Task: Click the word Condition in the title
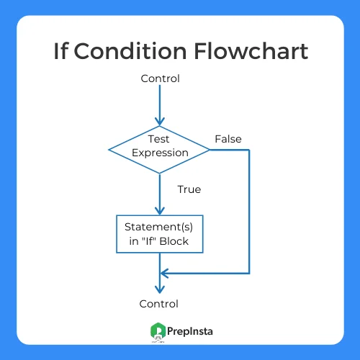[130, 50]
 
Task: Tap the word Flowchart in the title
[251, 50]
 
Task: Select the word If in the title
[60, 50]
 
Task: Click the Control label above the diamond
[160, 78]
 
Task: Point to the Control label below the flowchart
[158, 304]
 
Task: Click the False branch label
[228, 139]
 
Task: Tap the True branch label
[189, 189]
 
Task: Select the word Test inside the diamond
[158, 139]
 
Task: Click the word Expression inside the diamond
[160, 153]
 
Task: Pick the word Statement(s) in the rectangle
[158, 227]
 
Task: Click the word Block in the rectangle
[174, 241]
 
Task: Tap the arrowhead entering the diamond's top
[160, 122]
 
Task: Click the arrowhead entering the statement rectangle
[160, 211]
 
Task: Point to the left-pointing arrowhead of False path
[164, 274]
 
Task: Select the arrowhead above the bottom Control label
[160, 289]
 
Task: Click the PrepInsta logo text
[190, 331]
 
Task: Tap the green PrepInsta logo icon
[158, 330]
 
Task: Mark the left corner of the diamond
[109, 150]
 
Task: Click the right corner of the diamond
[210, 150]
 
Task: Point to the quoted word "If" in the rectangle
[149, 241]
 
